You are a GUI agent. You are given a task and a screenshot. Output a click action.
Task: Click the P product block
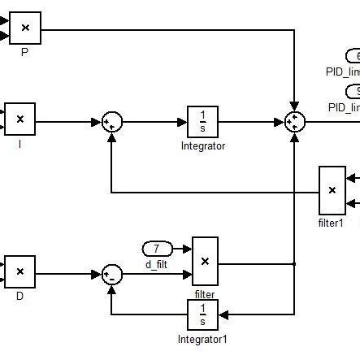[24, 28]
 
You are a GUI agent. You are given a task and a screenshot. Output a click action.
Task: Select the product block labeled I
[20, 119]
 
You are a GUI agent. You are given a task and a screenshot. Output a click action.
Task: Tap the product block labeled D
[20, 271]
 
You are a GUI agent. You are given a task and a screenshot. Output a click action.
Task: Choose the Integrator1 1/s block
[202, 314]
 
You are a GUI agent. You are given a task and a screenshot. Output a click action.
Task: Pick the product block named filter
[205, 261]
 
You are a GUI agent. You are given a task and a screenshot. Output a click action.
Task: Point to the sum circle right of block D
[112, 275]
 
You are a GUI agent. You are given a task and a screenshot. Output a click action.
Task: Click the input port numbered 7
[157, 247]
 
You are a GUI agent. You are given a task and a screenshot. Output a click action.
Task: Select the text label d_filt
[155, 262]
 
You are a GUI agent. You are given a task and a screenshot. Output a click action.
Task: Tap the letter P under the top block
[24, 50]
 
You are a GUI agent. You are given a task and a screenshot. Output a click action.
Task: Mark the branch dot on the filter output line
[294, 263]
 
